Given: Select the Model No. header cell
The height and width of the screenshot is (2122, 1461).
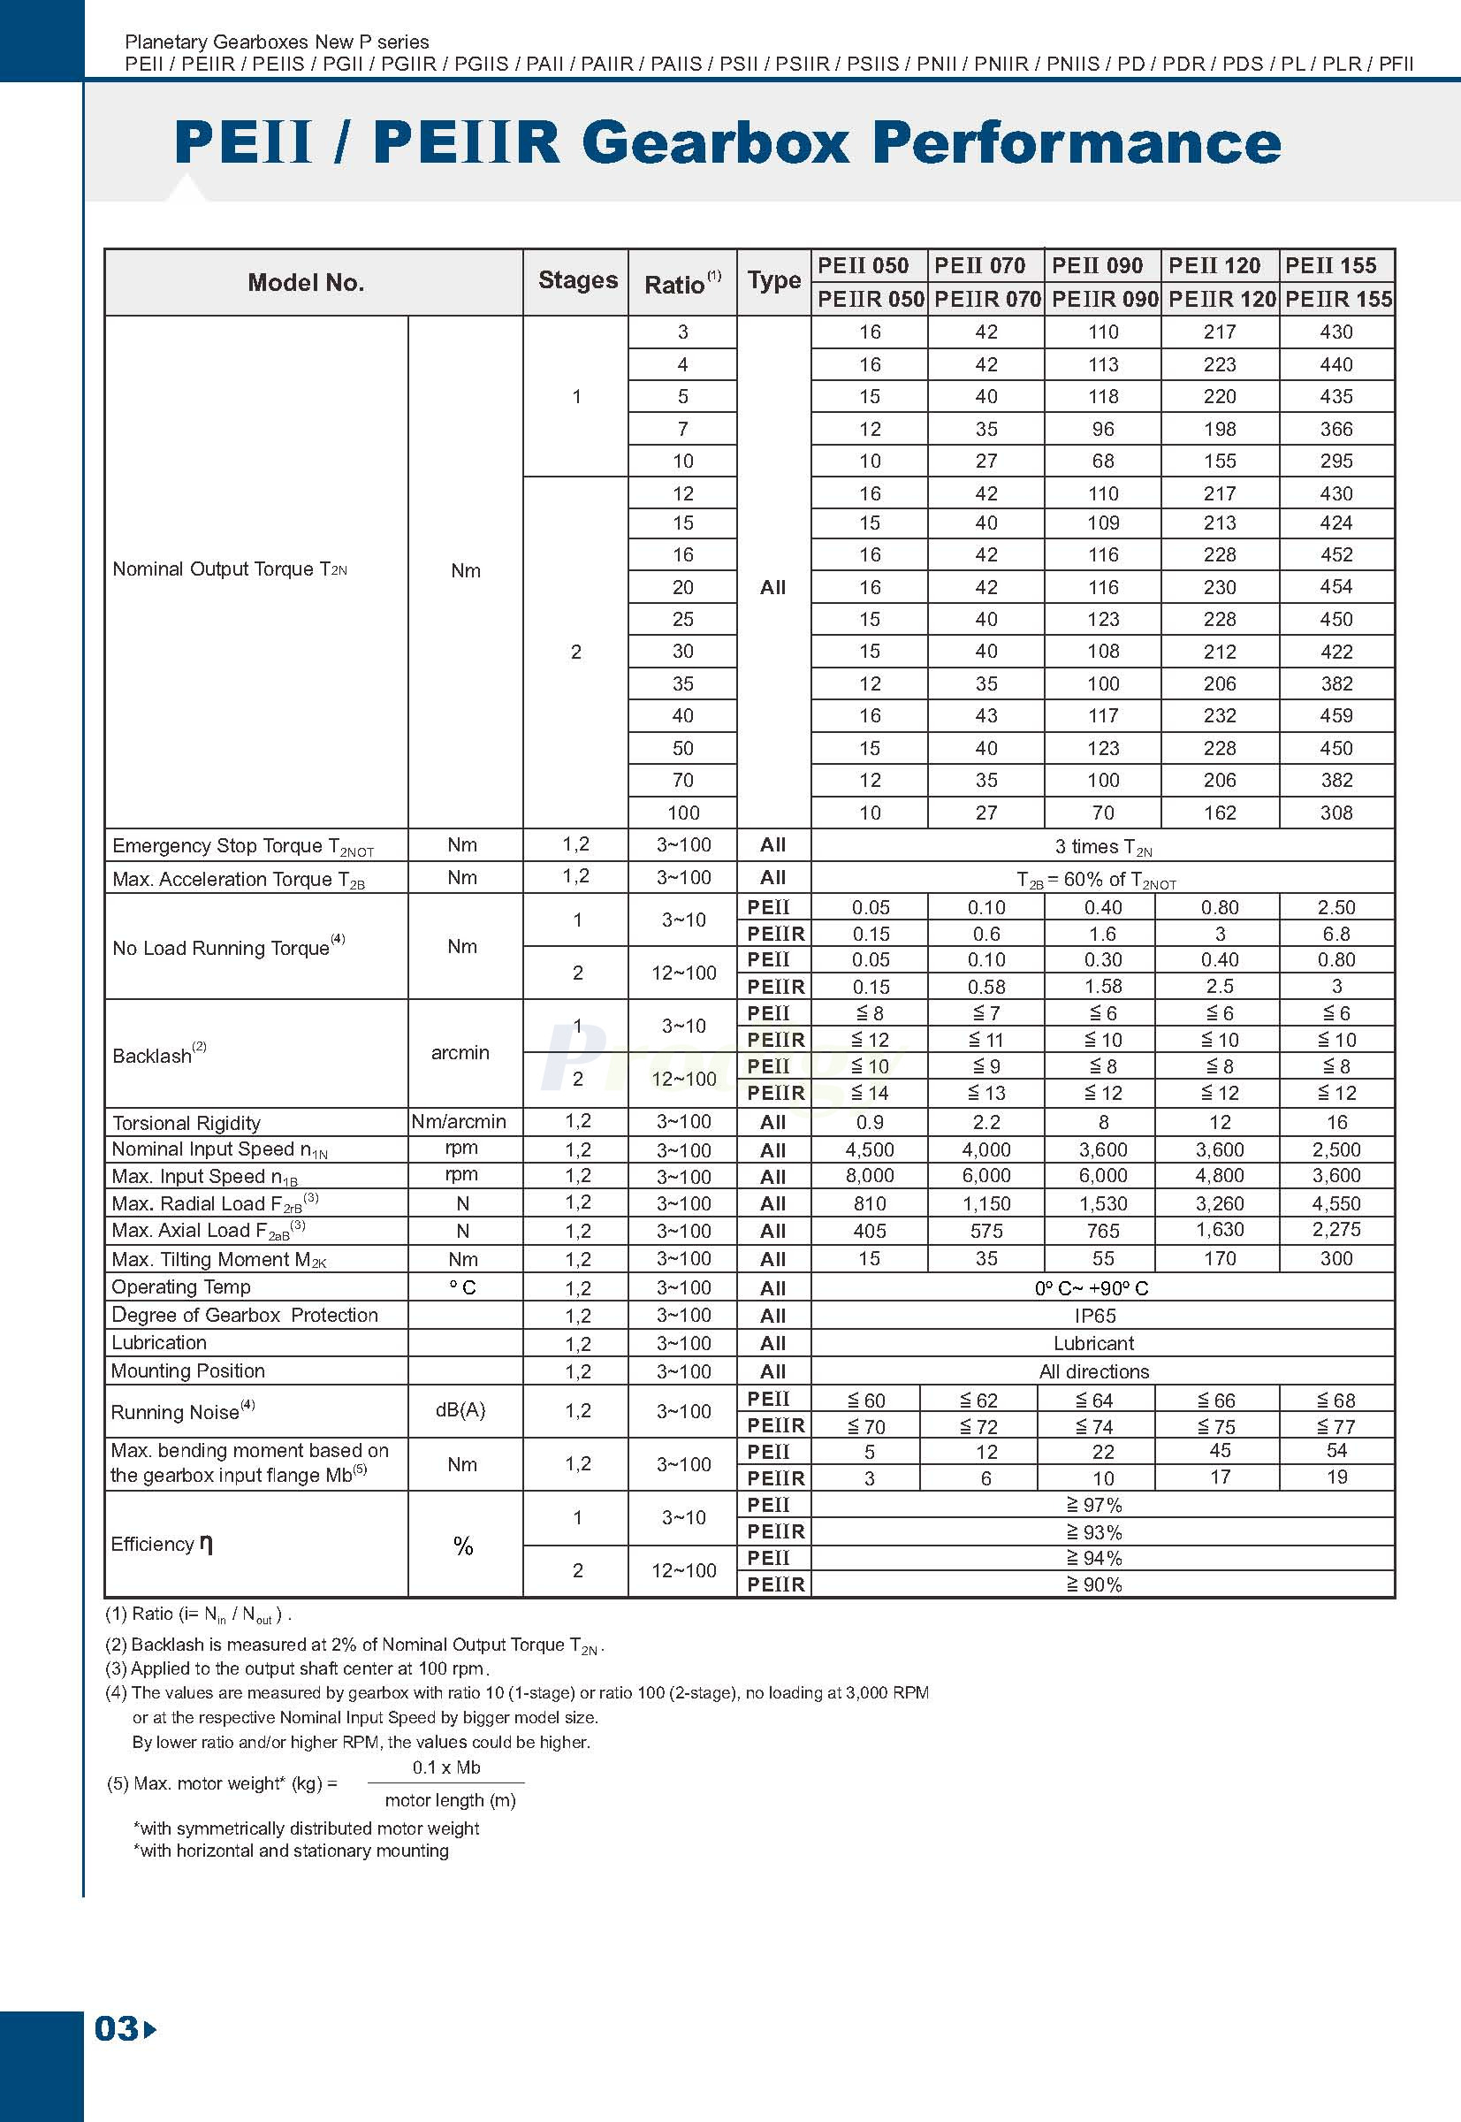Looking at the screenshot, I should [x=306, y=282].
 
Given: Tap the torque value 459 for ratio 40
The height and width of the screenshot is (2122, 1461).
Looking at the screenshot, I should [x=1335, y=715].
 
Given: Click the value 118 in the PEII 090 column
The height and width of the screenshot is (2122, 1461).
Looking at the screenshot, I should [x=1103, y=397].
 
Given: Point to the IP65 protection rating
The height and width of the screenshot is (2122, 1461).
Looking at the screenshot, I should [x=1095, y=1315].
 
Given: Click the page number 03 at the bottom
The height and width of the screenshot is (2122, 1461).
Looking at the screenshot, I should [x=118, y=2028].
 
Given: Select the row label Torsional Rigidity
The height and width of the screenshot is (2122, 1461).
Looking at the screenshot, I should [x=186, y=1123].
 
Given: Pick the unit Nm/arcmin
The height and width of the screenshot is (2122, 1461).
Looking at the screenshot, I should [x=459, y=1121].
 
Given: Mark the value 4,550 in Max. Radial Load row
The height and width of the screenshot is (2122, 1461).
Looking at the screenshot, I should [x=1335, y=1203].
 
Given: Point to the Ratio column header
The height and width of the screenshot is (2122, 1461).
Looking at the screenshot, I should [x=682, y=283].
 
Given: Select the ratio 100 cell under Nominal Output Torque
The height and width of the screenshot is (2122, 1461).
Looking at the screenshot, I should [x=683, y=813].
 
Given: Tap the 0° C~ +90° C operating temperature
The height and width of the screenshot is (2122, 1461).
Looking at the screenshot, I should [x=1092, y=1287].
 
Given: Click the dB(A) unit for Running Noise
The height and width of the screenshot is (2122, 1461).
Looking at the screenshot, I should [x=460, y=1410].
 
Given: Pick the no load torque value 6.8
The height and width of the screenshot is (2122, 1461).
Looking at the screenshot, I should [x=1335, y=934].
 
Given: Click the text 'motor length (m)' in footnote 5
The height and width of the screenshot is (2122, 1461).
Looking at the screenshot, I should [x=450, y=1799].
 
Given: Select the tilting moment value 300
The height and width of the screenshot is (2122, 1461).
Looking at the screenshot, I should [x=1335, y=1258].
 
